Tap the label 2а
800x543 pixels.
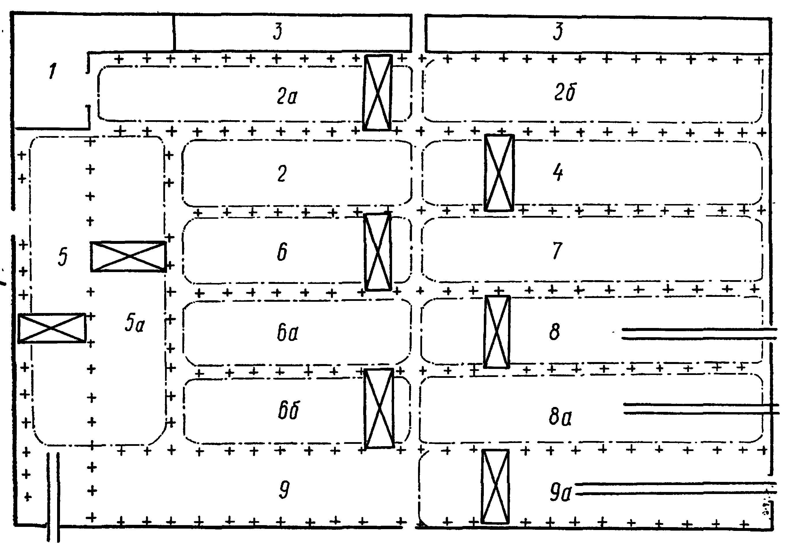pos(287,96)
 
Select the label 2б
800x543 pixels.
pos(565,92)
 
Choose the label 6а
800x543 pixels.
pos(287,333)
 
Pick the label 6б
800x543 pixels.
pos(288,410)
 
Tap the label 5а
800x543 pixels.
pos(135,323)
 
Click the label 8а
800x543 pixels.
pos(560,417)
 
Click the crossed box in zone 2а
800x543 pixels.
pos(378,93)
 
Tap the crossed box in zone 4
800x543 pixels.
pos(499,173)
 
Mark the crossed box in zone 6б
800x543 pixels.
pos(379,408)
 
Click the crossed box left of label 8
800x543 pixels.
pos(497,332)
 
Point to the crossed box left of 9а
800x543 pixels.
pos(495,486)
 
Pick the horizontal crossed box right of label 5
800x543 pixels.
pos(128,257)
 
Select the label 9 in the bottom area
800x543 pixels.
pos(284,490)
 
